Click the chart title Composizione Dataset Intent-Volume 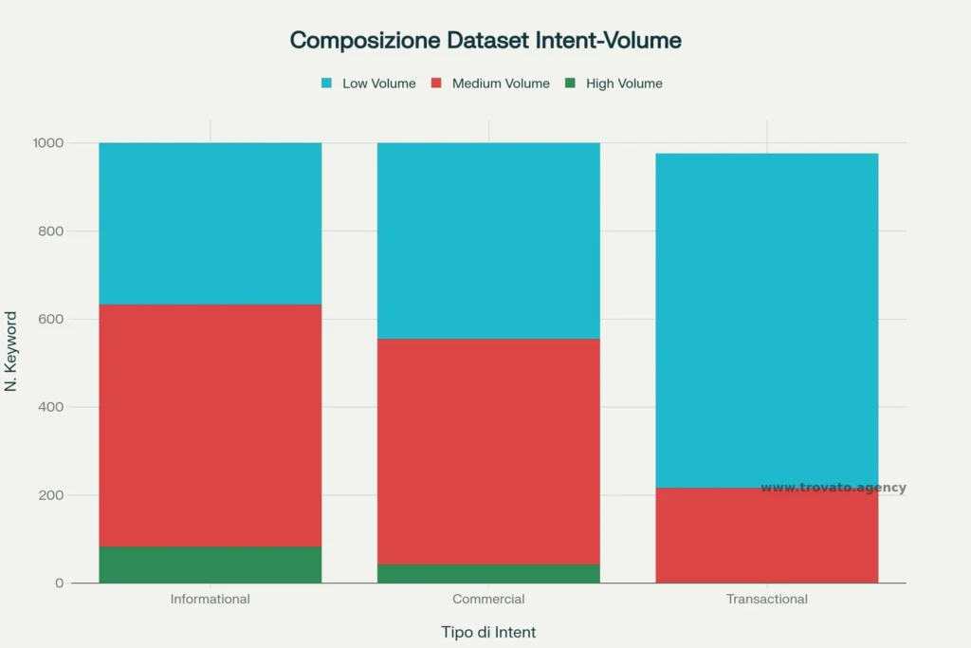coord(485,41)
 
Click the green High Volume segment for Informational coord(210,565)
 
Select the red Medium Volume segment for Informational coord(210,425)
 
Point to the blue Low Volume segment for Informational coord(210,223)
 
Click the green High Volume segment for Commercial coord(488,574)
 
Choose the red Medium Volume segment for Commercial coord(488,452)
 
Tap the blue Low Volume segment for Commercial coord(488,240)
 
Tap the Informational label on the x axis coord(210,600)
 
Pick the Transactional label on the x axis coord(766,600)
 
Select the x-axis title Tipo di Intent coord(488,632)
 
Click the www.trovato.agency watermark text coord(833,488)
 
